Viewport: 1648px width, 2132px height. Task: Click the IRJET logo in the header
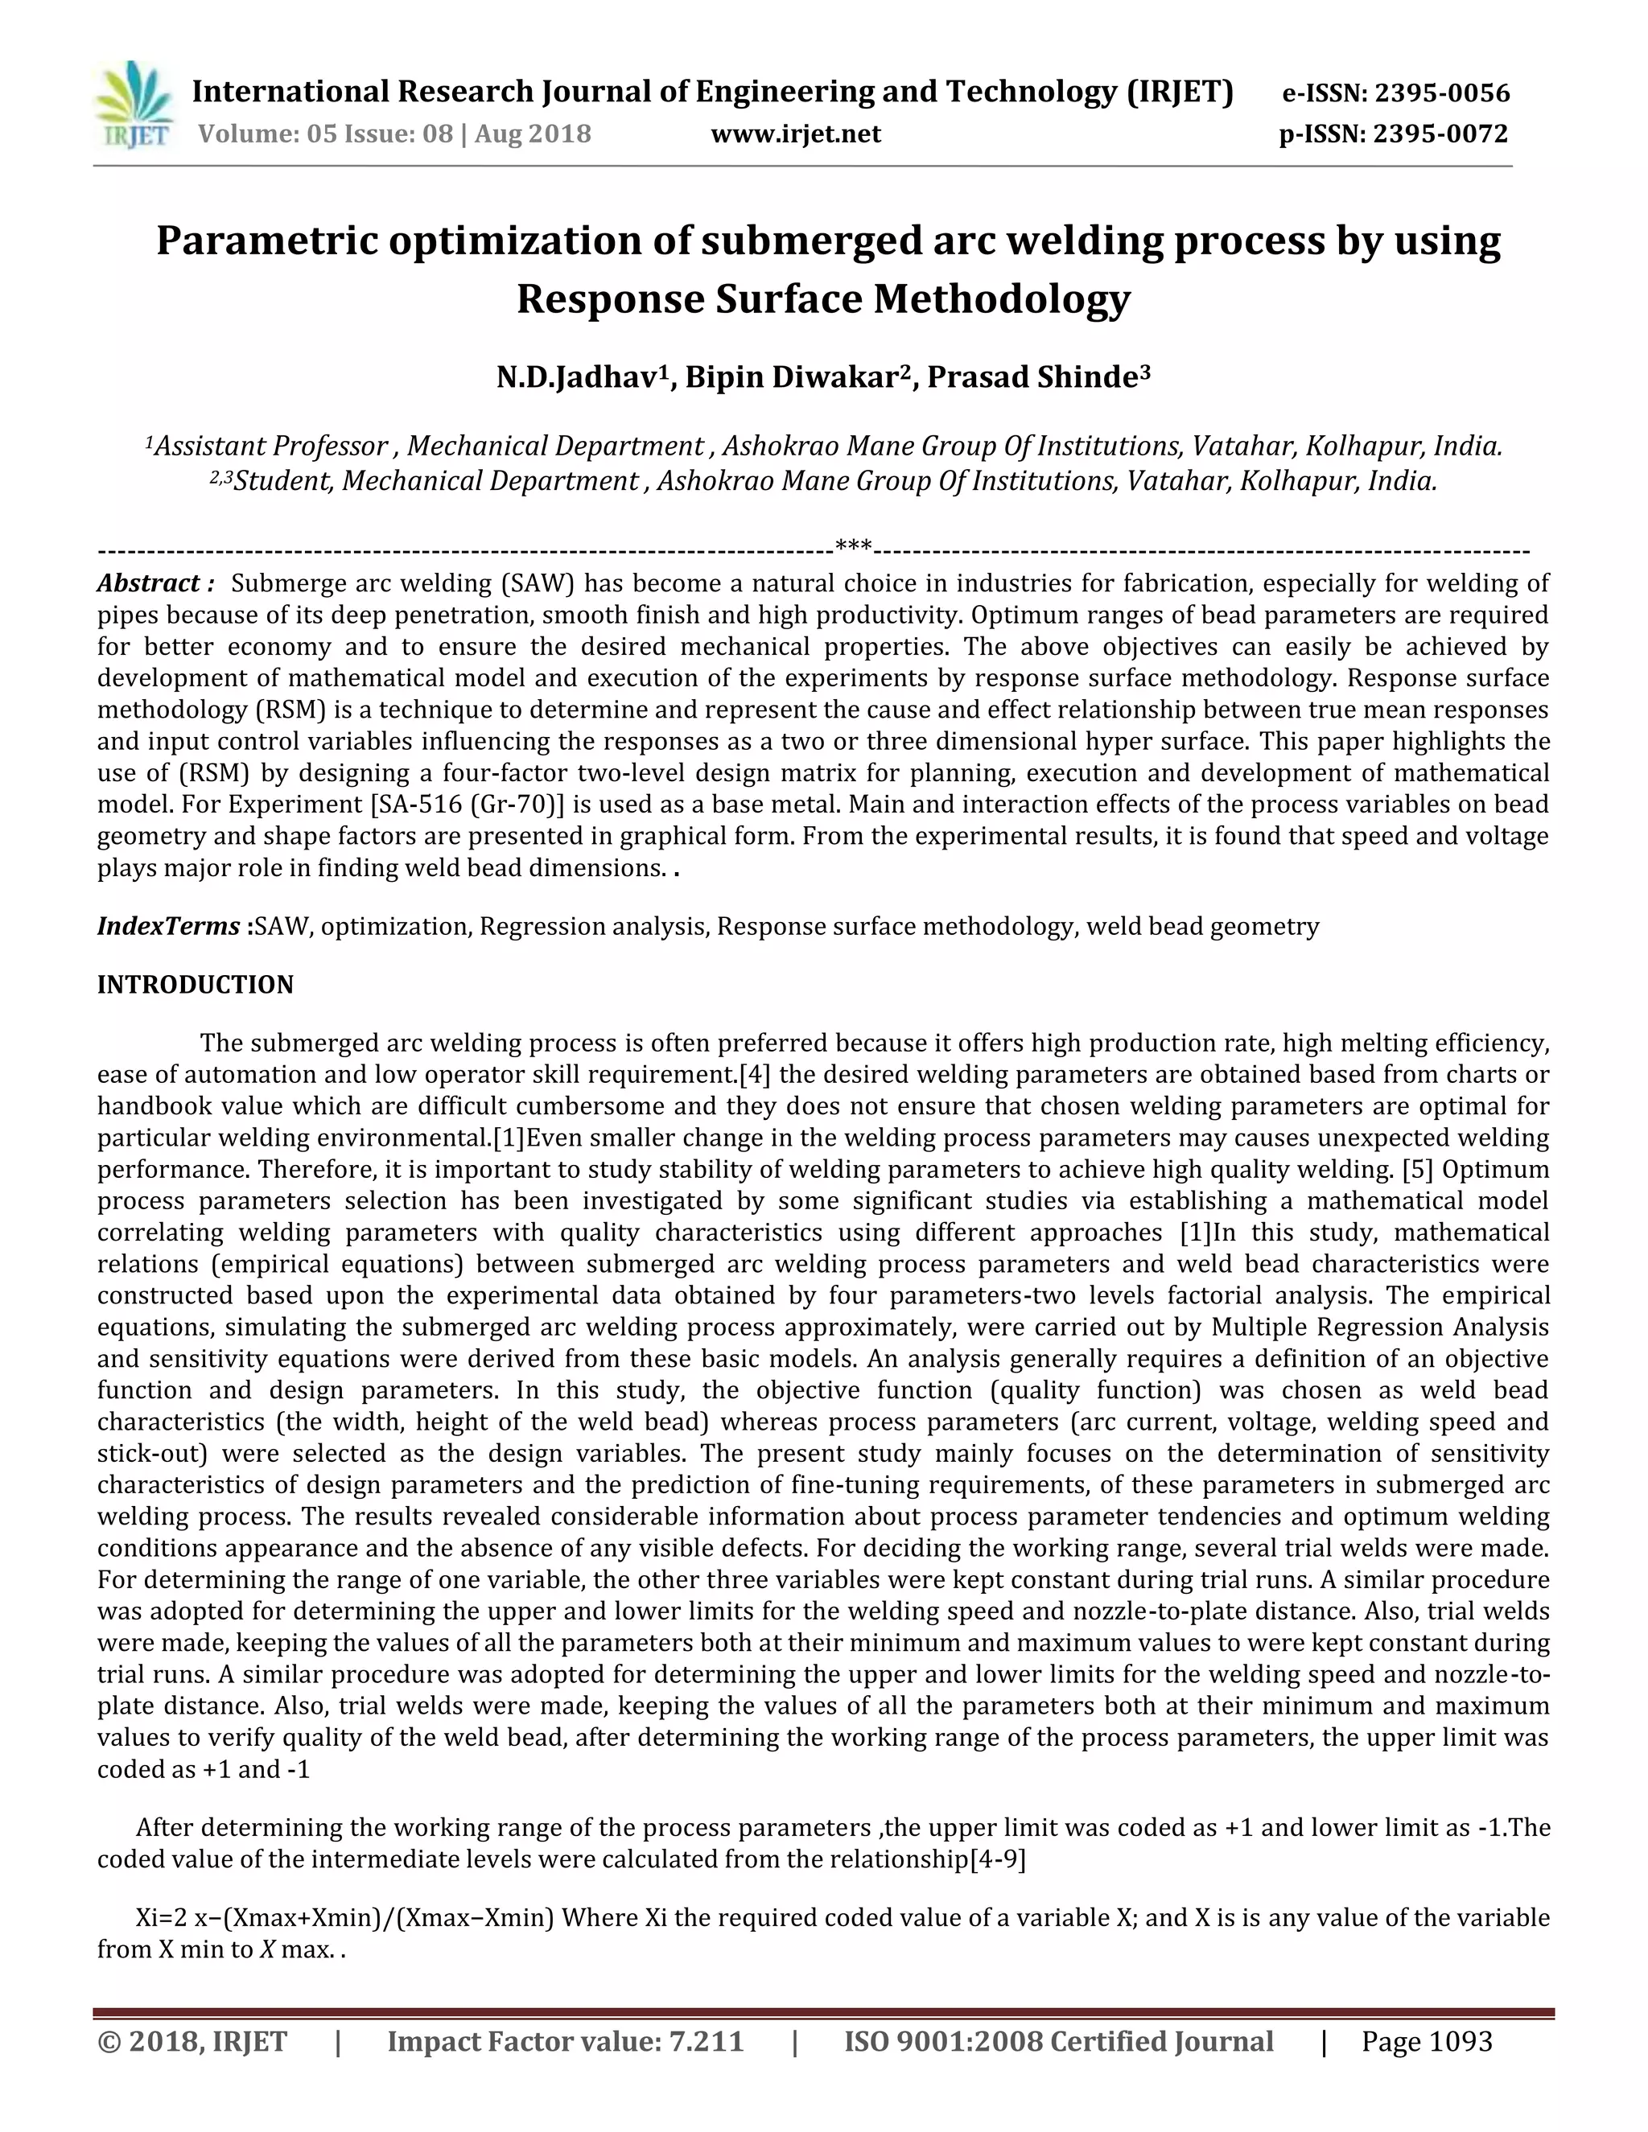134,105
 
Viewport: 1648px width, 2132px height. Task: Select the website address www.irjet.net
796,134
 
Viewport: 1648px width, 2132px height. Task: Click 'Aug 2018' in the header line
532,134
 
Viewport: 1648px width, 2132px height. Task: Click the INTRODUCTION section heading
196,985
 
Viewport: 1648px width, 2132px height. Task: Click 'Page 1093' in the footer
1427,2042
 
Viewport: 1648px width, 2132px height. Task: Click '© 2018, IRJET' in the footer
192,2042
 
